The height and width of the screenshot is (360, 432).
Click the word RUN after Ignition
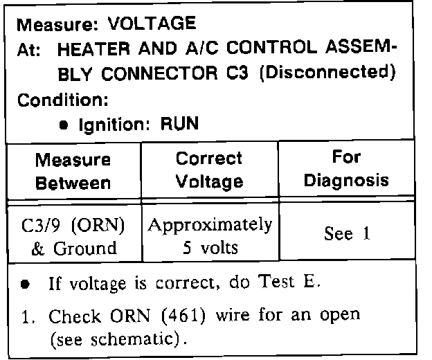[x=180, y=125]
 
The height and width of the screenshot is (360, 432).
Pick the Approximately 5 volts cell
[x=208, y=235]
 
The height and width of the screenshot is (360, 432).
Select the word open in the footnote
[x=343, y=316]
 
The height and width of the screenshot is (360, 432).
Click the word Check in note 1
[x=72, y=316]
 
